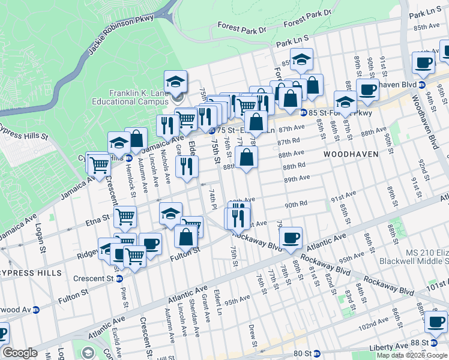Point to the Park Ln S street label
pyautogui.click(x=292, y=41)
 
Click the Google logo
pyautogui.click(x=20, y=353)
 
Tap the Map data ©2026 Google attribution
pyautogui.click(x=411, y=355)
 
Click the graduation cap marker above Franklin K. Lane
pyautogui.click(x=175, y=80)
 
